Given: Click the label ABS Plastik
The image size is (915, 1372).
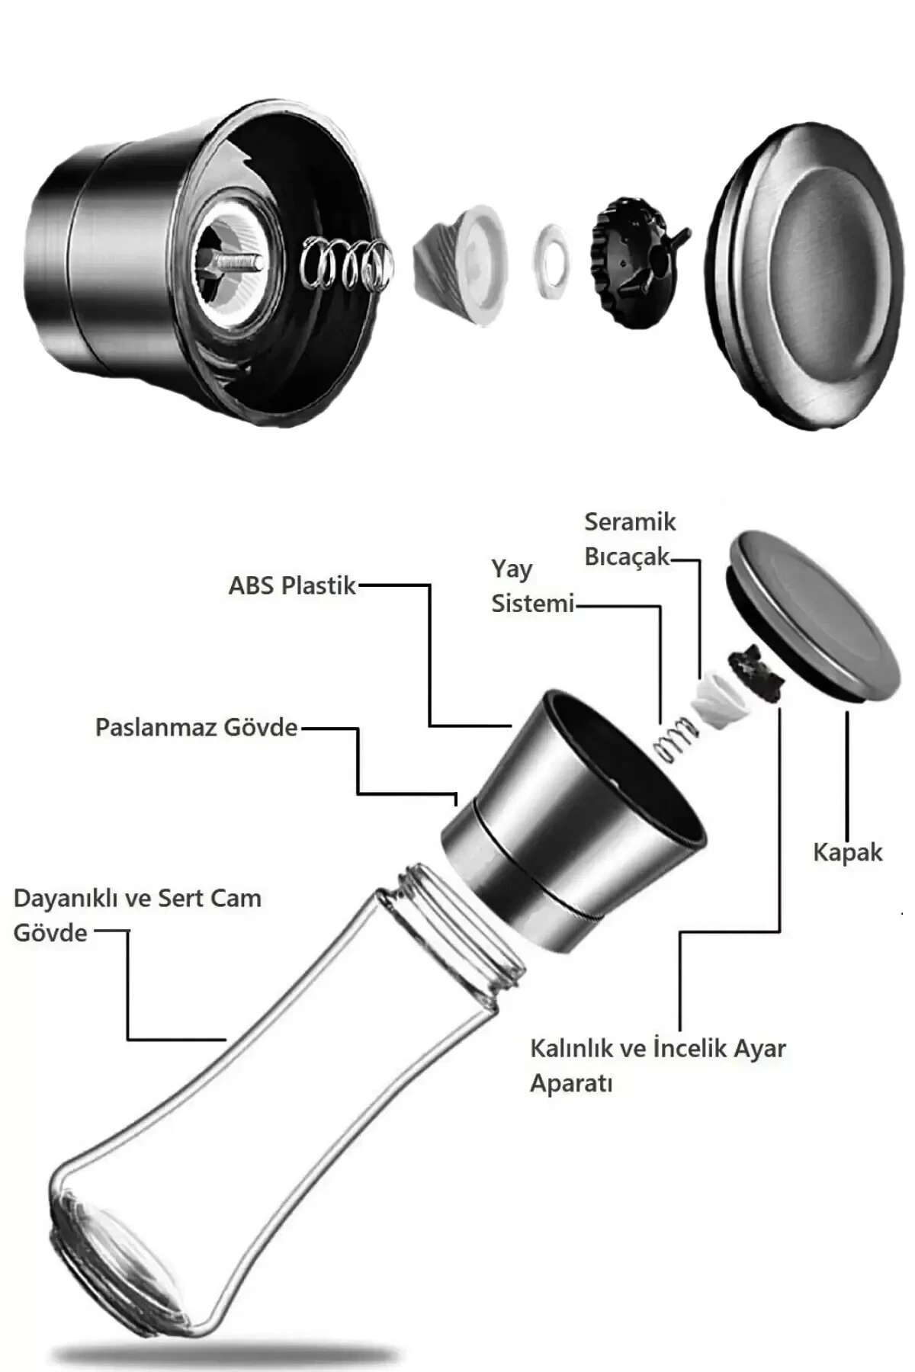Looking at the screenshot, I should (292, 585).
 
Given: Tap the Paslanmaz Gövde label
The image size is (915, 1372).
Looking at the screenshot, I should (196, 727).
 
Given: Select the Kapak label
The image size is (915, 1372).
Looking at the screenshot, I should (847, 851).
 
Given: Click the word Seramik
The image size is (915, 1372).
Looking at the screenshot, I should (630, 522).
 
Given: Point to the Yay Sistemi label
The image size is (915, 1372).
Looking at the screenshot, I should (531, 586).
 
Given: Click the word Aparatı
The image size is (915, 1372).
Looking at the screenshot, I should (571, 1083).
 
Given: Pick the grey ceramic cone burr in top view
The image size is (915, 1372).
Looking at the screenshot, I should (457, 263).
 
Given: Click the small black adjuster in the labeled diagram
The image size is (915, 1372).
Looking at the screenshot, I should (755, 671).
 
